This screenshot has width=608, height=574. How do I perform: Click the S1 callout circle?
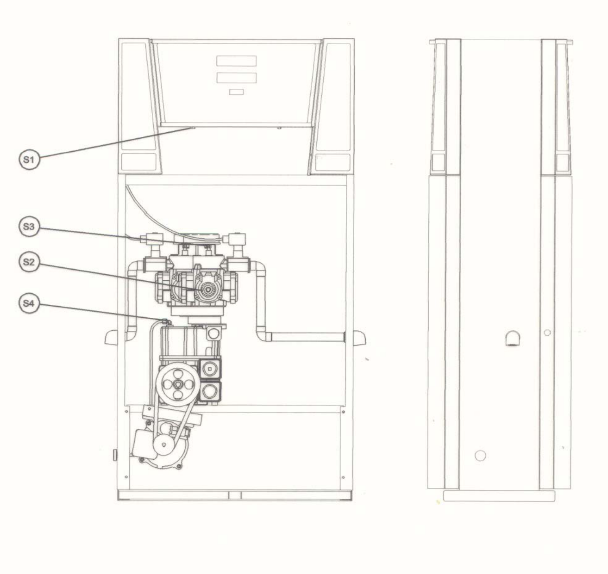[x=29, y=160]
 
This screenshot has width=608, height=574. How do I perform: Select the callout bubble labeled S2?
[x=29, y=262]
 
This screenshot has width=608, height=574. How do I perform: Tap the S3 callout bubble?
[x=29, y=227]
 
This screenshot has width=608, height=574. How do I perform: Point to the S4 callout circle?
[x=29, y=303]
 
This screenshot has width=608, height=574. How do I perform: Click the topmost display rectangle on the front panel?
[x=236, y=61]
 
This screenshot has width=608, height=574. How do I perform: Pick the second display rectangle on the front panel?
[x=236, y=78]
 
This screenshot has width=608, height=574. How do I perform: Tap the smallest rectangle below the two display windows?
[x=236, y=92]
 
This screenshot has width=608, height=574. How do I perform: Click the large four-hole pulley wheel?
[x=178, y=385]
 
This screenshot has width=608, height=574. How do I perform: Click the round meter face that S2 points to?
[x=206, y=290]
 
